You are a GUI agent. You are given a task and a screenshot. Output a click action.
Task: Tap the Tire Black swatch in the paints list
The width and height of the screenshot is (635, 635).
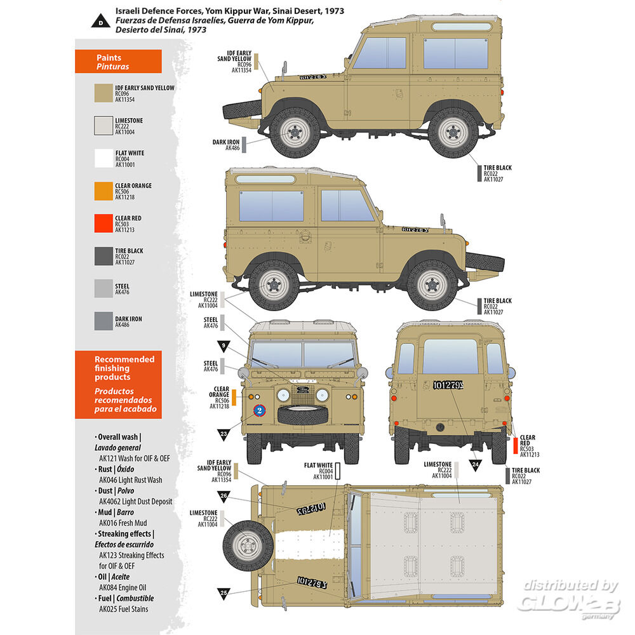(x=104, y=256)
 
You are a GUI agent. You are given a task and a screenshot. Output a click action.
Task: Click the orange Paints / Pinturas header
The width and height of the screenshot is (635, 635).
(x=118, y=62)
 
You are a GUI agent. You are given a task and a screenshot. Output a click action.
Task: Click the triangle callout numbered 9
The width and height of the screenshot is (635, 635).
(x=224, y=347)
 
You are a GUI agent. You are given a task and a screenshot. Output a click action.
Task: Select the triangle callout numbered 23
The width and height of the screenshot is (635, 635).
(x=224, y=434)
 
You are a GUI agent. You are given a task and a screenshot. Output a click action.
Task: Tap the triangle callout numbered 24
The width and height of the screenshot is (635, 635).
(x=476, y=464)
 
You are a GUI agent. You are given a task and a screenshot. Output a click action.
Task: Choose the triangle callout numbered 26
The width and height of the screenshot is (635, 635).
(x=224, y=495)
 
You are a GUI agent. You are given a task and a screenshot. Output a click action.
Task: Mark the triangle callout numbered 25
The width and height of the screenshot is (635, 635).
(x=224, y=593)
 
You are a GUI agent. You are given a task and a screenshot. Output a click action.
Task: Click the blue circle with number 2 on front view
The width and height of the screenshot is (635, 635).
(x=259, y=410)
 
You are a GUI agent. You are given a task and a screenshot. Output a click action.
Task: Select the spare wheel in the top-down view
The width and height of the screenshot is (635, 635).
(x=246, y=544)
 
